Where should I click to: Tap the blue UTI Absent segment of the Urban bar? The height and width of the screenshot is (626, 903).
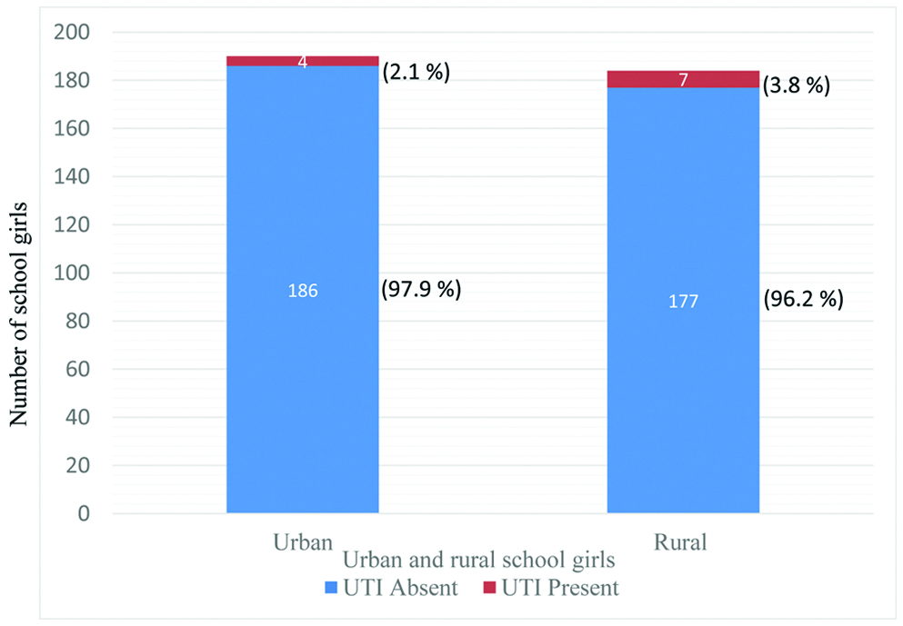(x=302, y=382)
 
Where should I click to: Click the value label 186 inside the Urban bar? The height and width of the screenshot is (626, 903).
(x=302, y=292)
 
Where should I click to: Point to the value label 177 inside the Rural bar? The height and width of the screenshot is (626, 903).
(x=683, y=302)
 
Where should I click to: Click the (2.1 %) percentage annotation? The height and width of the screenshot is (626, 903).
(x=416, y=72)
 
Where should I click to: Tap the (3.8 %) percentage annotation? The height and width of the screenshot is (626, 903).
(x=796, y=88)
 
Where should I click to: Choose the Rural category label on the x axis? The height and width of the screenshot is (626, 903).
(x=683, y=542)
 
